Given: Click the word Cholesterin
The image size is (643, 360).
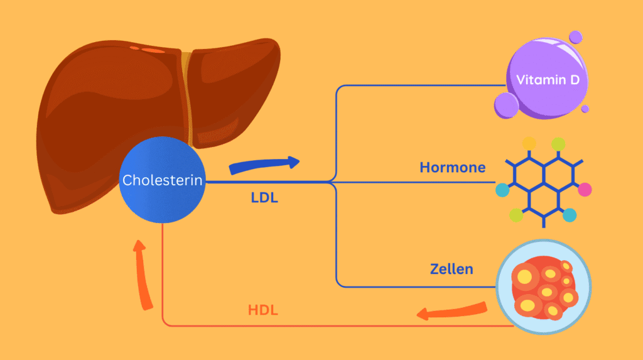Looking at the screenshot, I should (x=163, y=180).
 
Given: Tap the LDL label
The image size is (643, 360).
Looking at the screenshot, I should (x=264, y=198).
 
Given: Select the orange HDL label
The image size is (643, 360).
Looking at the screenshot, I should (x=263, y=310).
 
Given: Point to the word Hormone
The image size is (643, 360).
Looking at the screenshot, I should (x=453, y=168).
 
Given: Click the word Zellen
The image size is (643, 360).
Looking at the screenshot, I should (x=451, y=270).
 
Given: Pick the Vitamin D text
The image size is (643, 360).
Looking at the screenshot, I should (x=548, y=80).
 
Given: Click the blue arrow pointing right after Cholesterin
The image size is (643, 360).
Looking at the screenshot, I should (x=264, y=165).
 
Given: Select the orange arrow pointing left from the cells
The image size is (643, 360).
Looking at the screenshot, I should (x=452, y=310).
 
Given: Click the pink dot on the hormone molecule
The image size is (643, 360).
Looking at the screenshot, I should (x=585, y=189).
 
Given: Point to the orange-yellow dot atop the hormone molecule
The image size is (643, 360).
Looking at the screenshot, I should (x=529, y=143).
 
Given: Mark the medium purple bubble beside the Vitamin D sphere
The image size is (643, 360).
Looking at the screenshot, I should (x=506, y=105).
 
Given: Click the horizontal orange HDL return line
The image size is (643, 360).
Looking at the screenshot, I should (x=327, y=326).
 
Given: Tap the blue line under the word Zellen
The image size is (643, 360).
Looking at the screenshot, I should (x=414, y=286).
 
